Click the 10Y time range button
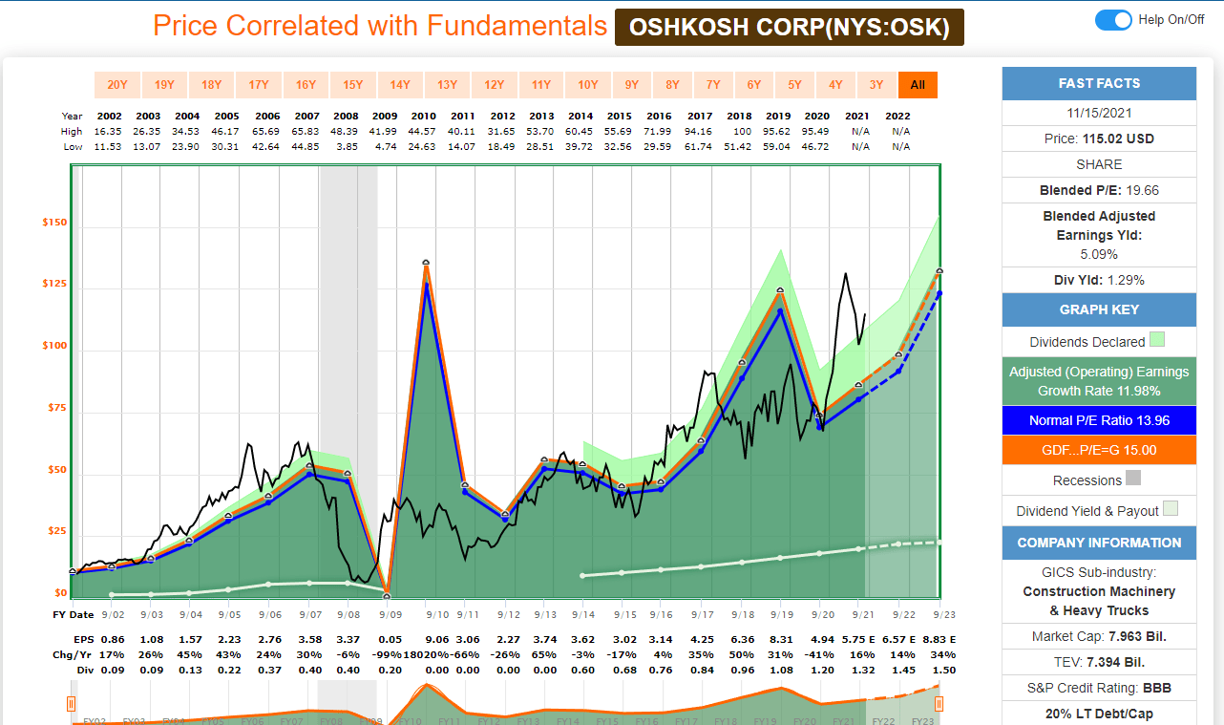(588, 85)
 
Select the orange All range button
(918, 85)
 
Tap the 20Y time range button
(117, 85)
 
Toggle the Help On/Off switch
(1113, 20)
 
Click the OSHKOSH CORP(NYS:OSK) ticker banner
(789, 28)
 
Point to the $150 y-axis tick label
(54, 223)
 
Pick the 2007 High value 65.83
(306, 131)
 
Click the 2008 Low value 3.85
(346, 146)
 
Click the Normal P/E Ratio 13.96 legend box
(1099, 420)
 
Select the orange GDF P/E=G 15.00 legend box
(1099, 451)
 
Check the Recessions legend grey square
(1133, 479)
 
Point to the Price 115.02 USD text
(1099, 139)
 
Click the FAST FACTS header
(1099, 83)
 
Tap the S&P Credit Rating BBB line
(1099, 688)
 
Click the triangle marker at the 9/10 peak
(425, 262)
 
